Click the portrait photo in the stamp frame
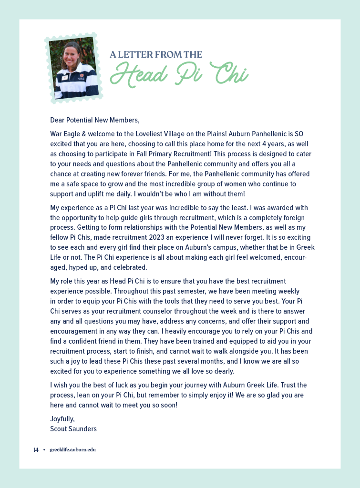tap(74, 68)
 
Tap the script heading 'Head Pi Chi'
tap(179, 74)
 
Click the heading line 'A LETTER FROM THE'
tap(156, 54)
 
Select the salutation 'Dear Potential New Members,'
tap(95, 120)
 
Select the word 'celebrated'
tap(131, 267)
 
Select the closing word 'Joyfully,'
tap(62, 419)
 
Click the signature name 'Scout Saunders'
tap(73, 429)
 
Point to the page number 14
tap(36, 450)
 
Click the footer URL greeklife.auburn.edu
tap(72, 450)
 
